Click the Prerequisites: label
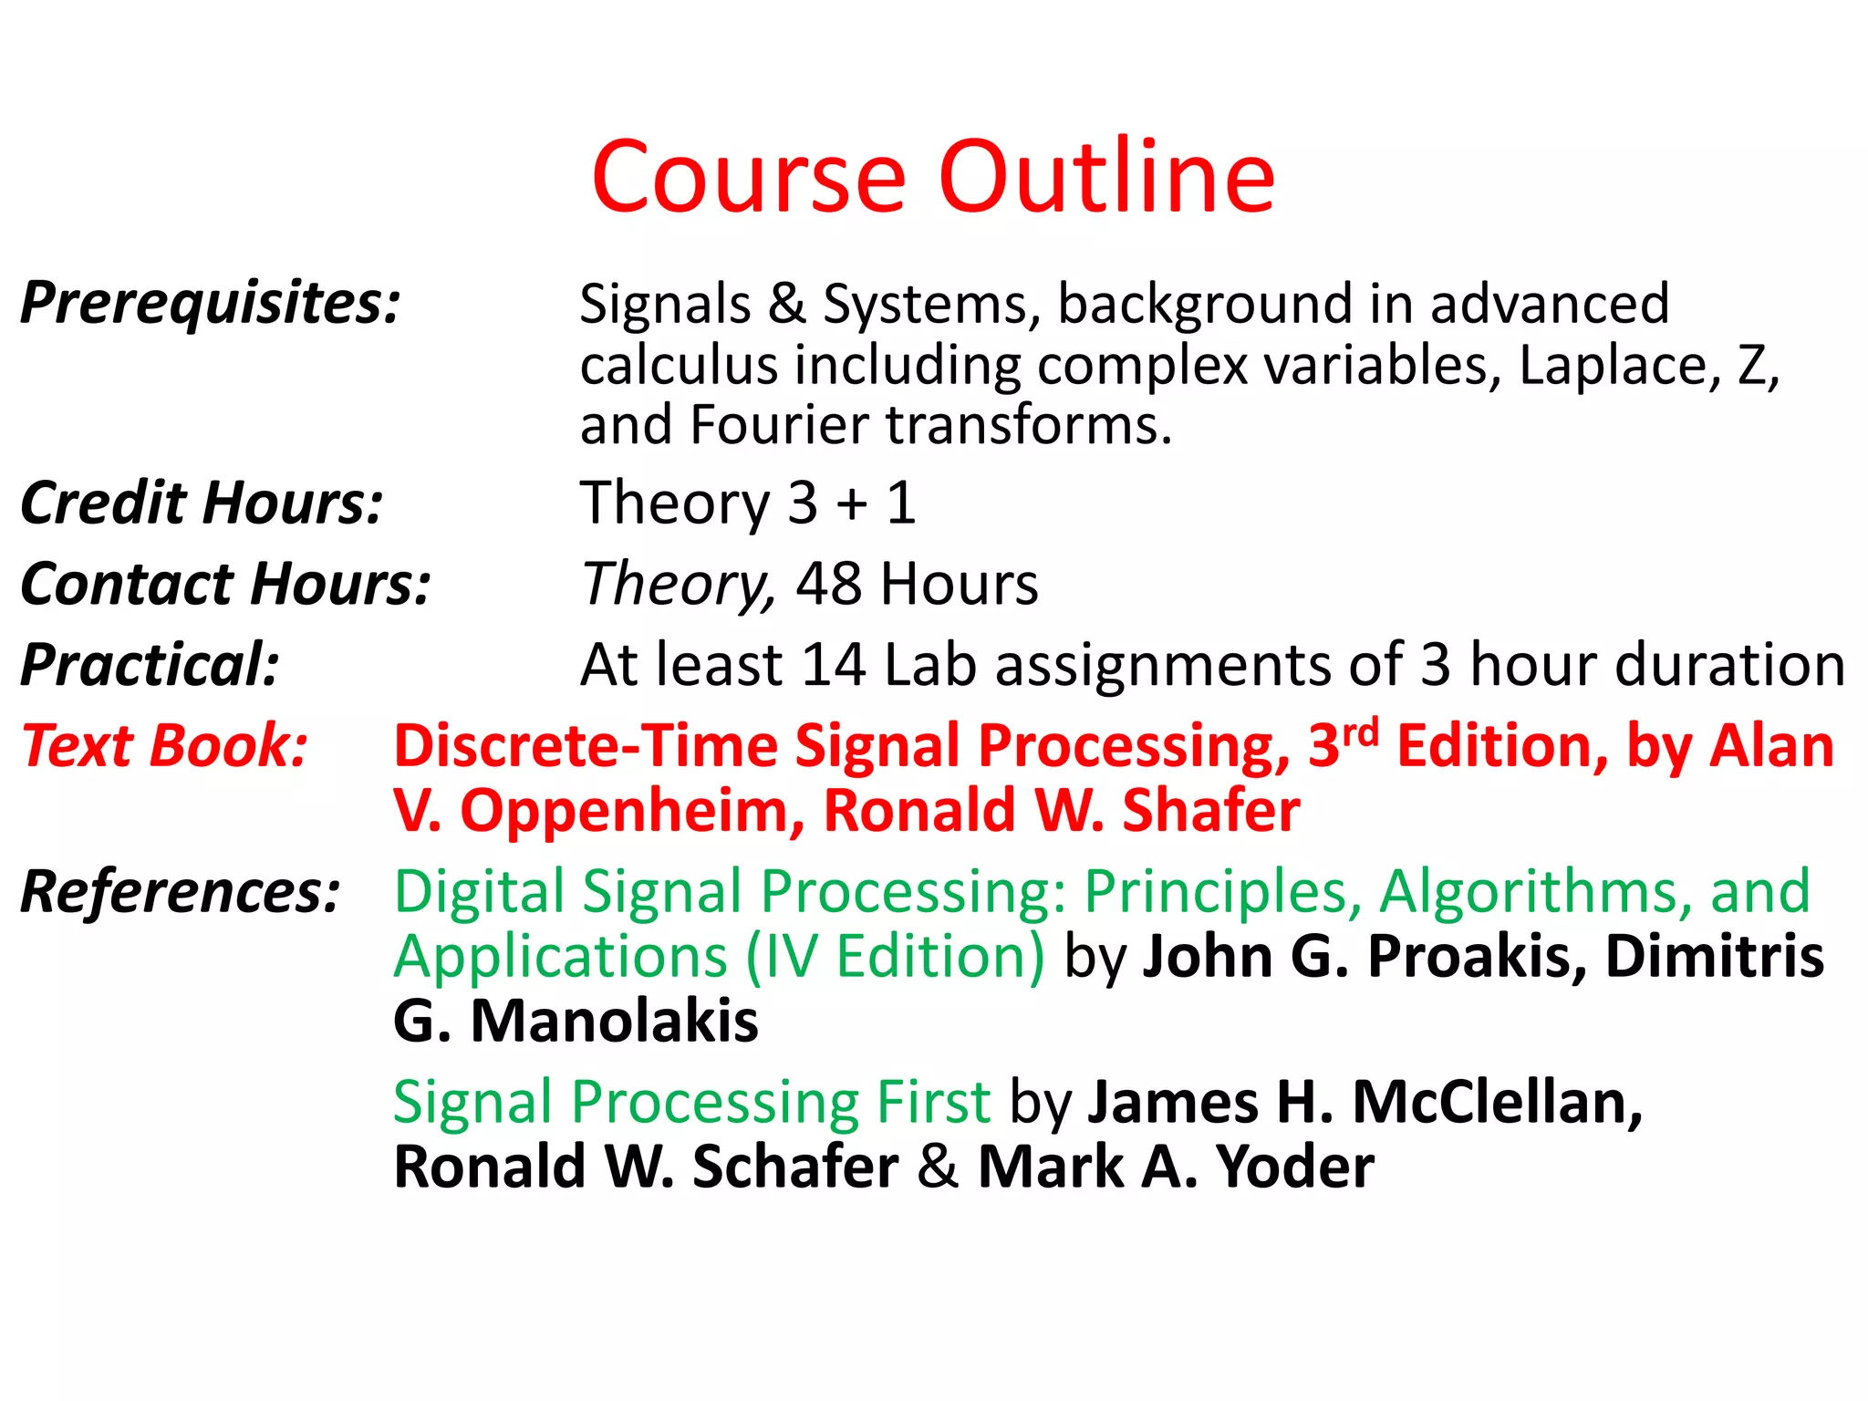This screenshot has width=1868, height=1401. [211, 303]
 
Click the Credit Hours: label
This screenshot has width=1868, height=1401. [202, 503]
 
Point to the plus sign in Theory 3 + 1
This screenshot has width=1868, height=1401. [852, 504]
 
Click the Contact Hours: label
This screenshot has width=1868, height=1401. [225, 584]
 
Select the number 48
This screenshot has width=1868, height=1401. [828, 584]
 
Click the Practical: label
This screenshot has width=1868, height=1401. [150, 664]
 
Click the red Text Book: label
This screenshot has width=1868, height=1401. [165, 746]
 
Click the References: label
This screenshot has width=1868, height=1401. [181, 891]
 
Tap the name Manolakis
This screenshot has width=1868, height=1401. [614, 1021]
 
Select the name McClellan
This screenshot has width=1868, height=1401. [1497, 1103]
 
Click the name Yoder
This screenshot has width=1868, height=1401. [1295, 1167]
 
